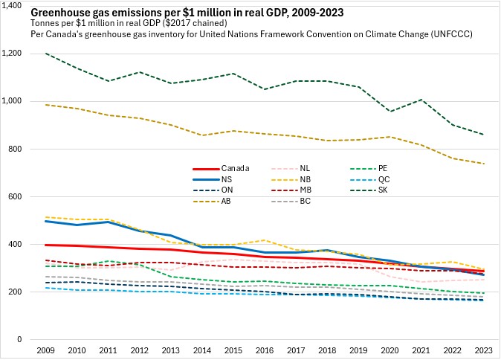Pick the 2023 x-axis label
(483, 350)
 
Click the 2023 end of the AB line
(483, 164)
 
